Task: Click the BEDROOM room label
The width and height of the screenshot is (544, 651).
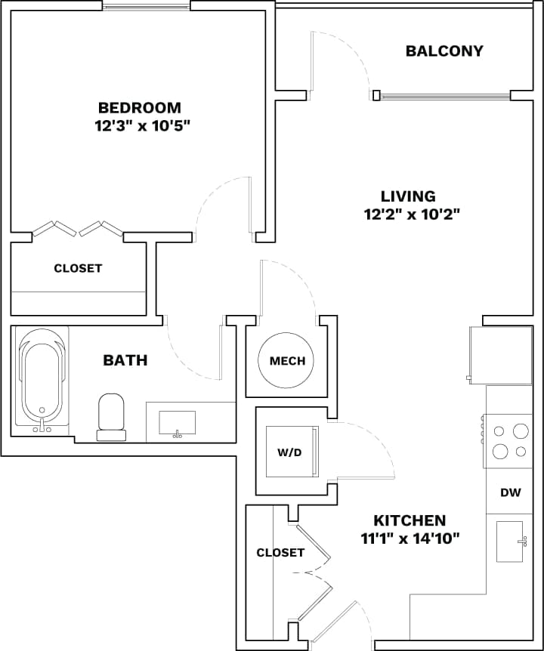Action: tap(139, 107)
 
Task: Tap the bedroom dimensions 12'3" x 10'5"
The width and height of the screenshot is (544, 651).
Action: tap(139, 125)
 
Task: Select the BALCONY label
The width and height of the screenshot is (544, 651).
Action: tap(444, 51)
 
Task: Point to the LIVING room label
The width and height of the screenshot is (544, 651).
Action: tap(408, 196)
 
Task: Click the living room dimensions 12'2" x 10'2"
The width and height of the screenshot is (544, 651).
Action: tap(412, 214)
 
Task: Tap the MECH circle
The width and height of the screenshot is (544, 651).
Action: tap(287, 360)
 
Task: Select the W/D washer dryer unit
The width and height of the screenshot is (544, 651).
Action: tap(289, 452)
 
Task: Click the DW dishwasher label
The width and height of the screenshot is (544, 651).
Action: tap(511, 492)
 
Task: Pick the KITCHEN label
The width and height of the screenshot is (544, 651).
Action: tap(410, 520)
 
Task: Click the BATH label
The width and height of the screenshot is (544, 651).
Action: tap(125, 360)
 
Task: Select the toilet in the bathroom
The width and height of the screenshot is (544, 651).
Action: tap(111, 415)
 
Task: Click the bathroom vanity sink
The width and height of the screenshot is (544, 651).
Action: tap(177, 423)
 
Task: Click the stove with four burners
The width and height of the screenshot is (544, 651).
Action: tap(510, 441)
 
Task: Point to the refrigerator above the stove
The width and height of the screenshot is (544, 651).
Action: tap(500, 354)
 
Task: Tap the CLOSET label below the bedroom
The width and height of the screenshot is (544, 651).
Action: tap(78, 268)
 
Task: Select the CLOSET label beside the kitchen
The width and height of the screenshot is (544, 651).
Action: tap(280, 553)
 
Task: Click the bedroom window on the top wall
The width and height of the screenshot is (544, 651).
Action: tap(147, 7)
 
